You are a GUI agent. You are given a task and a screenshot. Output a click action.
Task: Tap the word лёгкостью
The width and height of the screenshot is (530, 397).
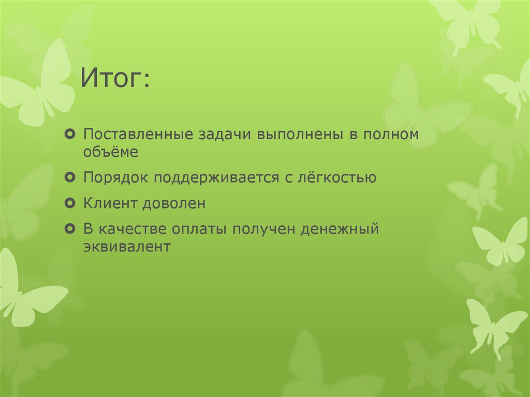click(336, 178)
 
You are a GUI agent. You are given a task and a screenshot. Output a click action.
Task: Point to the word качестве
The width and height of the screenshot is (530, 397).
click(131, 229)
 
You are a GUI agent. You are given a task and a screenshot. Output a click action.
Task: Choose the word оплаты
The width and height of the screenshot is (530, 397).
click(200, 229)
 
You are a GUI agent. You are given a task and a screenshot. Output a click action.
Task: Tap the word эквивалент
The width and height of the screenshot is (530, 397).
click(127, 246)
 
